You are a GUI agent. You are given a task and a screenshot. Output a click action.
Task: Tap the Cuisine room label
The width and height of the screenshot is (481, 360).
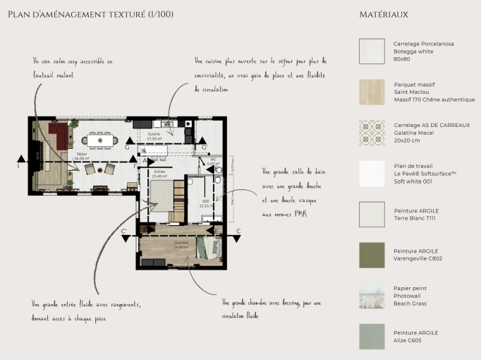(x=154, y=136)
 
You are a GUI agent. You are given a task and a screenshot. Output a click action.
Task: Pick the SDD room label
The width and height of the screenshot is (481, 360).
(x=206, y=204)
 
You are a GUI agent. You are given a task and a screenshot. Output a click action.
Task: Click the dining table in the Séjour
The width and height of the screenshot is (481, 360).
(x=100, y=140)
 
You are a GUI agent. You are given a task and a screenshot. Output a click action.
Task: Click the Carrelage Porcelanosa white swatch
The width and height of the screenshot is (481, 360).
(x=372, y=52)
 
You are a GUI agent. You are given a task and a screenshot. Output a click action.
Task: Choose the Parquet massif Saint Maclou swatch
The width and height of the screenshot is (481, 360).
(x=372, y=92)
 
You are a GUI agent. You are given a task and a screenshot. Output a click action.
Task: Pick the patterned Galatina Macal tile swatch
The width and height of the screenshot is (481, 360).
(x=372, y=133)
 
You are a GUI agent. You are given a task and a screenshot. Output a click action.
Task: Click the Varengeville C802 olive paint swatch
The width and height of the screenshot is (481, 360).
(x=372, y=255)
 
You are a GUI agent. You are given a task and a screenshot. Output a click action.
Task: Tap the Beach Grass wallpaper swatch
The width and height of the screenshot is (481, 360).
(x=372, y=296)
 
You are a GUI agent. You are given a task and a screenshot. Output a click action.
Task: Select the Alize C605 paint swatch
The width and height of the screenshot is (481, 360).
(x=372, y=337)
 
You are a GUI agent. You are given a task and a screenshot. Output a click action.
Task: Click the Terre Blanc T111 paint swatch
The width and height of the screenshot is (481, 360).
(x=372, y=214)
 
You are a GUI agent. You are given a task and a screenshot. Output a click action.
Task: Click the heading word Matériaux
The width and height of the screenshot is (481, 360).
(x=383, y=14)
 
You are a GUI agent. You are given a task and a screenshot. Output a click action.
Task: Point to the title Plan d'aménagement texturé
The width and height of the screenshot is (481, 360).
(x=90, y=14)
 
